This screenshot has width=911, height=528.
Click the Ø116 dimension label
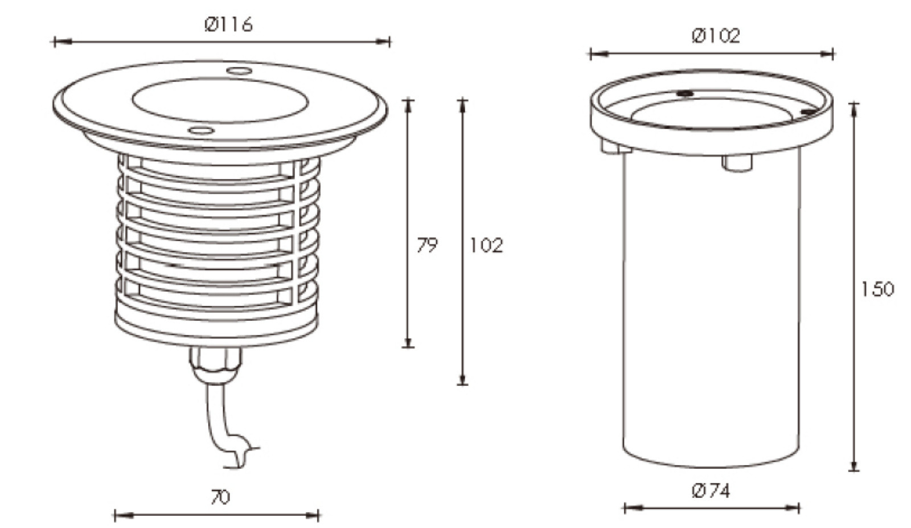(x=228, y=24)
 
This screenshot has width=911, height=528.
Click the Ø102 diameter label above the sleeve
(x=716, y=36)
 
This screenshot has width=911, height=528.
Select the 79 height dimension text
(x=427, y=245)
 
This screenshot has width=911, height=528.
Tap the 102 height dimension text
(x=486, y=245)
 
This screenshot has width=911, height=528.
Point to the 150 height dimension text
(x=877, y=289)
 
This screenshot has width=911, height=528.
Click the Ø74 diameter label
(x=711, y=491)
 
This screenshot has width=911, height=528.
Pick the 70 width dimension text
(x=220, y=497)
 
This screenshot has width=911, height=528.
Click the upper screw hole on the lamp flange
(x=239, y=71)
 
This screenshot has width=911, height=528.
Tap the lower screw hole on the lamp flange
(x=201, y=130)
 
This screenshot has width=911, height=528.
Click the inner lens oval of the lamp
(x=220, y=100)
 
